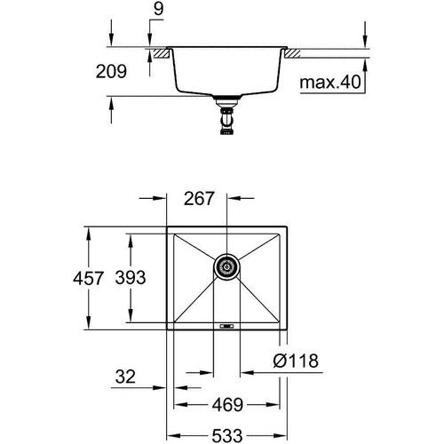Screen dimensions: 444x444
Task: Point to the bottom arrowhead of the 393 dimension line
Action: [130, 323]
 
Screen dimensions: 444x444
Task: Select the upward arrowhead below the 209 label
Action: [109, 101]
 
